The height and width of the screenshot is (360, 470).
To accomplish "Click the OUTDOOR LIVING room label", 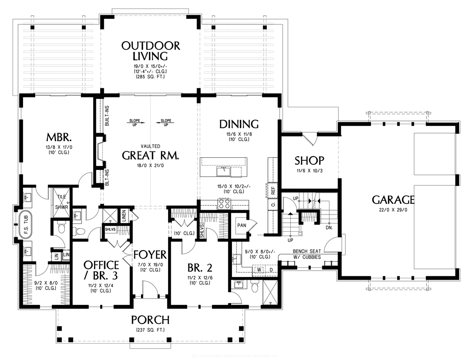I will coord(151,51).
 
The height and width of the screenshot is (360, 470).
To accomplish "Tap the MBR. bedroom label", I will coord(59,137).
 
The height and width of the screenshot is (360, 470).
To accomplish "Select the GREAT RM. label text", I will coord(151,156).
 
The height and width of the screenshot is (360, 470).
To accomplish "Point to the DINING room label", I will coord(239,124).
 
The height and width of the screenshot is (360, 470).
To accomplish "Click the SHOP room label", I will coord(309,160).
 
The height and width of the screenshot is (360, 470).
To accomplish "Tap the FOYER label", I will coord(150,255).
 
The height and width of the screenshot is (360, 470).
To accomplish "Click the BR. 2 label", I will coord(200,268).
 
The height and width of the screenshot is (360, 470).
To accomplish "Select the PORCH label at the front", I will coord(150,320).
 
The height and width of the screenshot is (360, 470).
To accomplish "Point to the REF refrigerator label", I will coord(273,190).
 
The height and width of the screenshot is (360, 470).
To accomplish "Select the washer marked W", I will coord(259,269).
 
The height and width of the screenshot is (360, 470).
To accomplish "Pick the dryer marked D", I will coord(270,269).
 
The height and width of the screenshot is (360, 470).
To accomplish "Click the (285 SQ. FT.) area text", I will coord(151,77).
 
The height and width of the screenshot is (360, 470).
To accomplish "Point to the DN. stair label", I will coord(329,227).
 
